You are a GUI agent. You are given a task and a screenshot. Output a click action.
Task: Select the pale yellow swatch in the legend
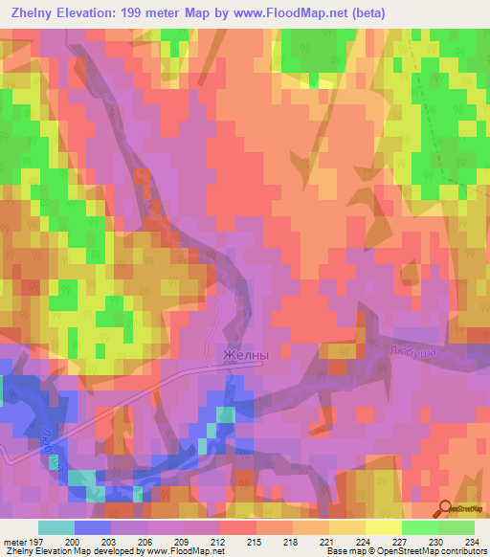pos(383,527)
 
